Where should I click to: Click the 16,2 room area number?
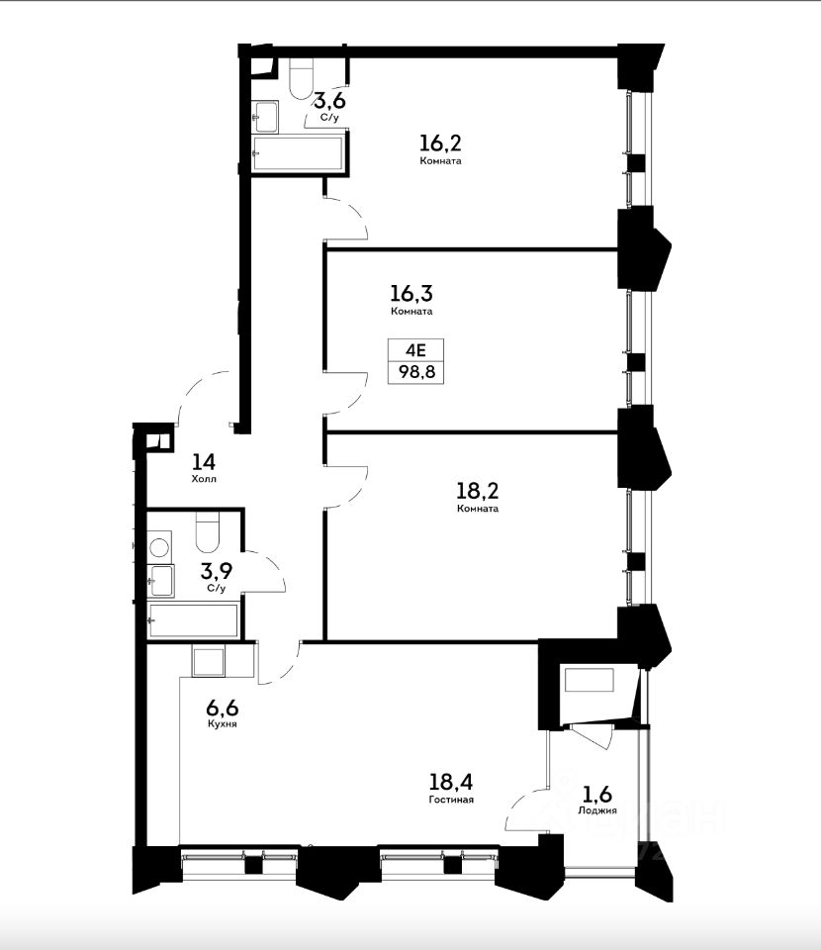[440, 143]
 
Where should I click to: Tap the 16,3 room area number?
[411, 294]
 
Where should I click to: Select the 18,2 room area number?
[478, 491]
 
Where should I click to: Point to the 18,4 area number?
[450, 782]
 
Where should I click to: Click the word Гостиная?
[451, 800]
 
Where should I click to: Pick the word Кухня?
[223, 724]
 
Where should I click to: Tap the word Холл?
[204, 479]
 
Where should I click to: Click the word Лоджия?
[597, 810]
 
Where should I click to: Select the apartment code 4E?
[416, 349]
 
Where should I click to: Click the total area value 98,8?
[416, 371]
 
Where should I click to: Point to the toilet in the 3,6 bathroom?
[301, 79]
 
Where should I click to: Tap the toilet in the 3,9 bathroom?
[207, 533]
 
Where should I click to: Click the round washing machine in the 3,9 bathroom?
[160, 547]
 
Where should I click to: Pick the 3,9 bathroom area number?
[217, 571]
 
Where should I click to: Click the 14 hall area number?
[204, 462]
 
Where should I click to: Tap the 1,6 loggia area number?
[597, 794]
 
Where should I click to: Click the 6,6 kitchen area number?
[223, 707]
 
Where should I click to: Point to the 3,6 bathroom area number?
[330, 99]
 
